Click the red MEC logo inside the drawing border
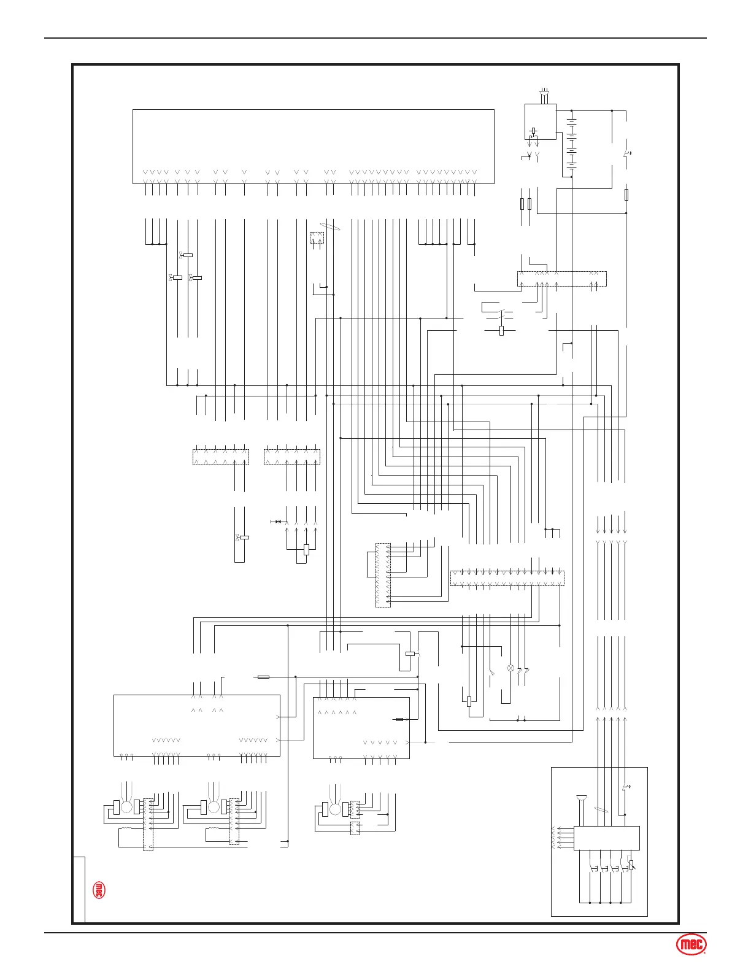click(98, 890)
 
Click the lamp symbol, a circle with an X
click(510, 668)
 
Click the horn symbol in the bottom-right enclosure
click(580, 798)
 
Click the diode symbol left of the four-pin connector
click(277, 522)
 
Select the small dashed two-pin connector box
click(317, 237)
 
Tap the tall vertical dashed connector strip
click(382, 575)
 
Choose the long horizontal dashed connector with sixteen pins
click(507, 578)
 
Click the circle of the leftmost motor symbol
click(126, 807)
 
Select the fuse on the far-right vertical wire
click(626, 195)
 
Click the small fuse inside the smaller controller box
click(399, 719)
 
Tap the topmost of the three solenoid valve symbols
click(187, 255)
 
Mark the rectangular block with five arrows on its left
click(606, 838)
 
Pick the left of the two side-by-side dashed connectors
click(220, 457)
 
